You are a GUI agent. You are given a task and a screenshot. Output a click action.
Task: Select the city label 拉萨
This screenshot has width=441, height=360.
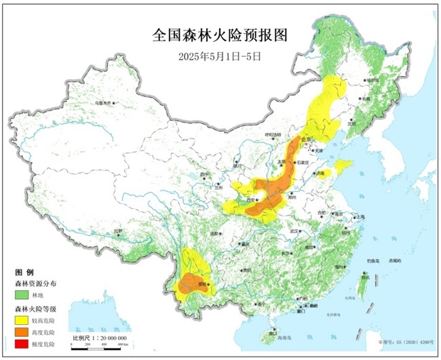coord(119,232)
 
